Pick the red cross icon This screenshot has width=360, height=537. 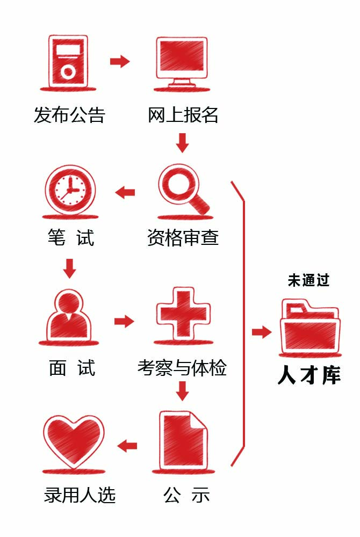pyautogui.click(x=183, y=314)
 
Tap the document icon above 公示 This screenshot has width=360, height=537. pyautogui.click(x=183, y=439)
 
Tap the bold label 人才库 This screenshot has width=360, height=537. pyautogui.click(x=309, y=375)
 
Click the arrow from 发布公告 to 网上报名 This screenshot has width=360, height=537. pyautogui.click(x=120, y=61)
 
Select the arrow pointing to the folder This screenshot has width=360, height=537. pyautogui.click(x=262, y=332)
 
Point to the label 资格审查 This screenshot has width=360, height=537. pyautogui.click(x=183, y=237)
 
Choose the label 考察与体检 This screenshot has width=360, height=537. pyautogui.click(x=182, y=368)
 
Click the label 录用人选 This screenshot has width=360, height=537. pyautogui.click(x=80, y=495)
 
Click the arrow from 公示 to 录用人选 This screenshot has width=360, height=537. pyautogui.click(x=127, y=445)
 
